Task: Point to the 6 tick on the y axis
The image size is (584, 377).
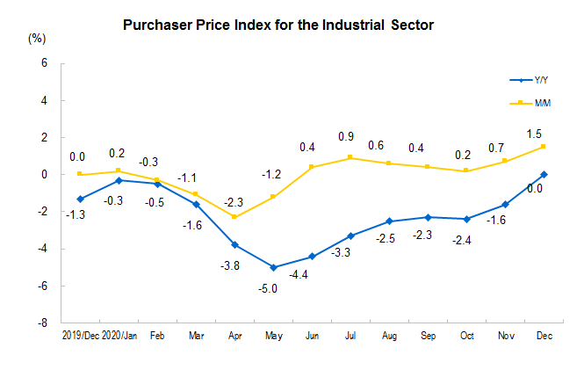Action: (x=42, y=63)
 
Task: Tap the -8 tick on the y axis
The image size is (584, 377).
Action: (x=40, y=323)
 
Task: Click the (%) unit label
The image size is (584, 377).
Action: (x=37, y=38)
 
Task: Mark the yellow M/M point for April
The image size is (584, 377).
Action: (x=234, y=217)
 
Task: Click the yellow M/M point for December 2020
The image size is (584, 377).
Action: (x=544, y=146)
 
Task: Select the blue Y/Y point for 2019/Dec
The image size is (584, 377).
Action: (x=80, y=199)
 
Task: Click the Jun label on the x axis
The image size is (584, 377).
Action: (x=312, y=336)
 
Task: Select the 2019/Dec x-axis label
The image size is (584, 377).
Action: (x=80, y=336)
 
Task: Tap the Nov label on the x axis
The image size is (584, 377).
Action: (x=505, y=336)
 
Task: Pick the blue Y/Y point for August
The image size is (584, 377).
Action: (x=389, y=221)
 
